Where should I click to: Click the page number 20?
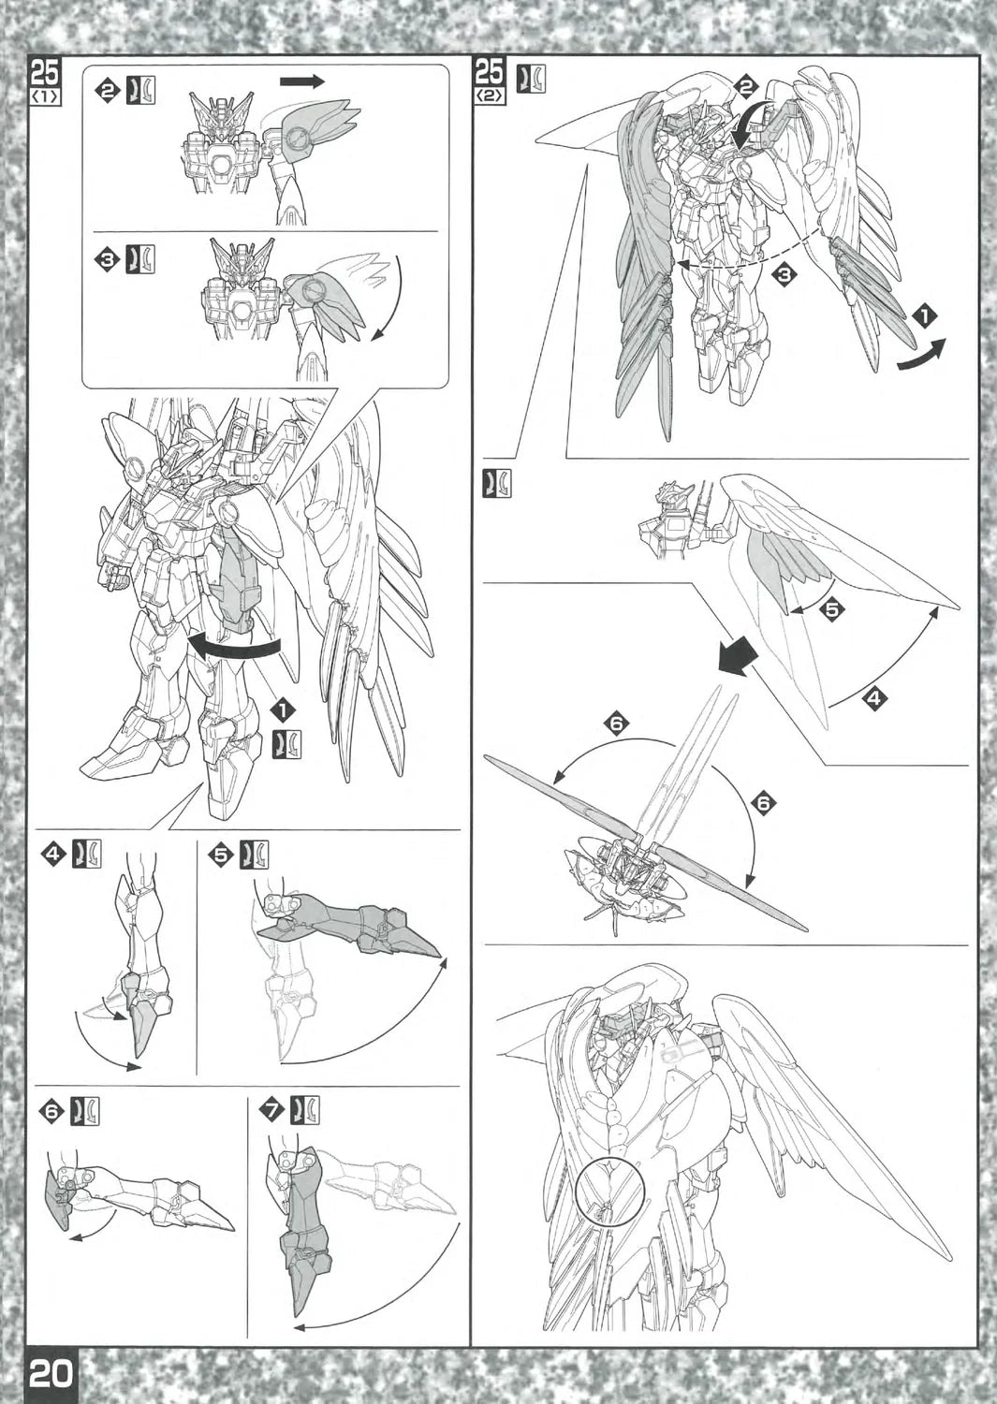click(51, 1374)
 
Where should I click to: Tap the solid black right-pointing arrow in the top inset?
click(301, 81)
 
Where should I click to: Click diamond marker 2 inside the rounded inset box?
click(107, 90)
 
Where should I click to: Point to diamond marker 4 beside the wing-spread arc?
click(874, 697)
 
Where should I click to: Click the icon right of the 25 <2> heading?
click(531, 79)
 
